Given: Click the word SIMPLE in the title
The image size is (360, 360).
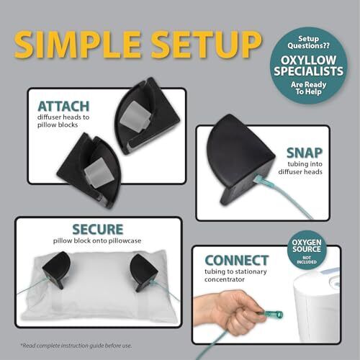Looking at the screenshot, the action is (78, 45).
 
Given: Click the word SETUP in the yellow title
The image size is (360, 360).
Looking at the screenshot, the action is (207, 45).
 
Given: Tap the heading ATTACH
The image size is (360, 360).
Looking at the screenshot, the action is (63, 107).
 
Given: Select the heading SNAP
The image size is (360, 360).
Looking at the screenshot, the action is (305, 153).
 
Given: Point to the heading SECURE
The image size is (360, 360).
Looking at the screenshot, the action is (98, 229).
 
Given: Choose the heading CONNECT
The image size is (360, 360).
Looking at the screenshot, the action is (237, 261).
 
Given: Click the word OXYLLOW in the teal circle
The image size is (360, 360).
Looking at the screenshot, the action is (308, 60).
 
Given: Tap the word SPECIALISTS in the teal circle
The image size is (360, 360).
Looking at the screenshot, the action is (309, 71).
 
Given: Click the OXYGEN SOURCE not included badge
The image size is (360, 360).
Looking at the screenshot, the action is (307, 251).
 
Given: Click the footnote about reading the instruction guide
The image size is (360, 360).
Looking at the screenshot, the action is (76, 346).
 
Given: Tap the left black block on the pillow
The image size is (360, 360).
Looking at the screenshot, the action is (57, 269).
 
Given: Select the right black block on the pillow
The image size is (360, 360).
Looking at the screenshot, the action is (143, 272).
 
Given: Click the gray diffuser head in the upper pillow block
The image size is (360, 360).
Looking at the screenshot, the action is (135, 117).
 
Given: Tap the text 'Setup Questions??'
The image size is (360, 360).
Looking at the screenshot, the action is (308, 42).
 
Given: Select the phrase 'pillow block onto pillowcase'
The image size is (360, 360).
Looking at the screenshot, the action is (97, 240).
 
